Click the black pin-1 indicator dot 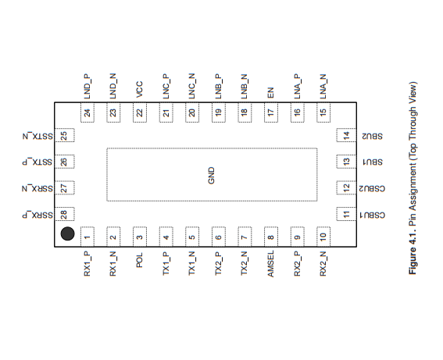pos(67,233)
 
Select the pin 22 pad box pos(140,113)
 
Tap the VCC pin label pos(140,90)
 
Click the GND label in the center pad pos(211,176)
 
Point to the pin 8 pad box pos(271,237)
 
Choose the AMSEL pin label pos(270,264)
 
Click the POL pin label pos(140,260)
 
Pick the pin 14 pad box pos(346,135)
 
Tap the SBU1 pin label pos(373,162)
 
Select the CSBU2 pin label pos(372,188)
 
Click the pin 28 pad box pos(64,214)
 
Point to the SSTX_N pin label pos(38,136)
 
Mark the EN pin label pos(270,93)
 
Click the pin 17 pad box pos(271,113)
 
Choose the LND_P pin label pos(88,87)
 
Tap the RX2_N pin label pos(323,264)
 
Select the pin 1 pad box pos(88,237)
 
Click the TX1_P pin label pos(166,263)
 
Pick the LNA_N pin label pos(323,87)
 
